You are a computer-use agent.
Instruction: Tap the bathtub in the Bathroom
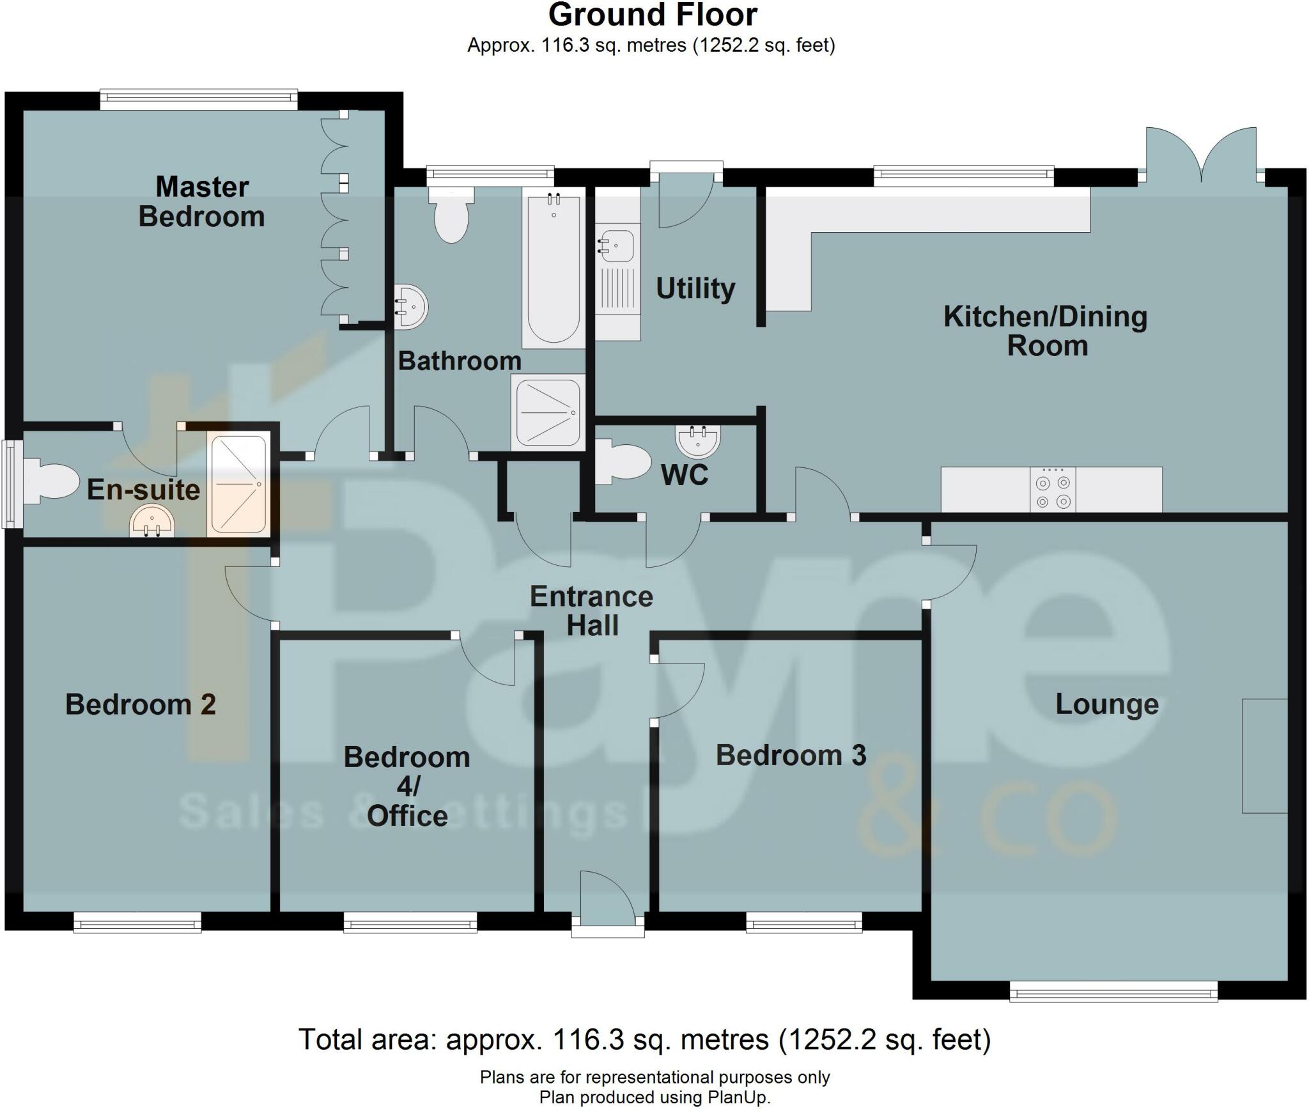[554, 268]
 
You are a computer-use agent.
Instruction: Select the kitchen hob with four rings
[1053, 490]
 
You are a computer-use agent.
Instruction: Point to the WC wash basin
[697, 440]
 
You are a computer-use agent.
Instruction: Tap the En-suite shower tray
[238, 485]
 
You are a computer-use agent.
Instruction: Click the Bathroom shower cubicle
[548, 412]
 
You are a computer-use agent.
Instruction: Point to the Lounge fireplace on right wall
[1264, 756]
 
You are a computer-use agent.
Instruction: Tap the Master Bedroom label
[202, 201]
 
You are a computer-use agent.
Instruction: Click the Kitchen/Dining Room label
[1046, 330]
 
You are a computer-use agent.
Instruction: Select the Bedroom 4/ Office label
[407, 786]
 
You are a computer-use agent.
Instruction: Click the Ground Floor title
[653, 15]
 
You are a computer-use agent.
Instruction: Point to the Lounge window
[1113, 993]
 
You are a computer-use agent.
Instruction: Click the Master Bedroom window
[199, 98]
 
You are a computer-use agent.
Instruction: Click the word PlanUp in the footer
[738, 1098]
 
